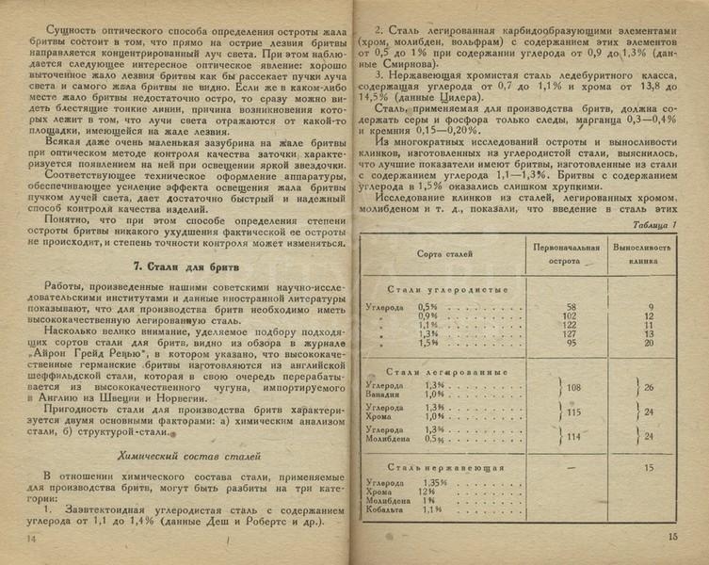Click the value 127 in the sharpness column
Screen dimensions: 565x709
pos(570,333)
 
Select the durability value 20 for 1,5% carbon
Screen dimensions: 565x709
pos(647,343)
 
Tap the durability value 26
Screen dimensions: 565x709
pos(648,387)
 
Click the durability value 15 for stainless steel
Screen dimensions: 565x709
pos(647,467)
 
